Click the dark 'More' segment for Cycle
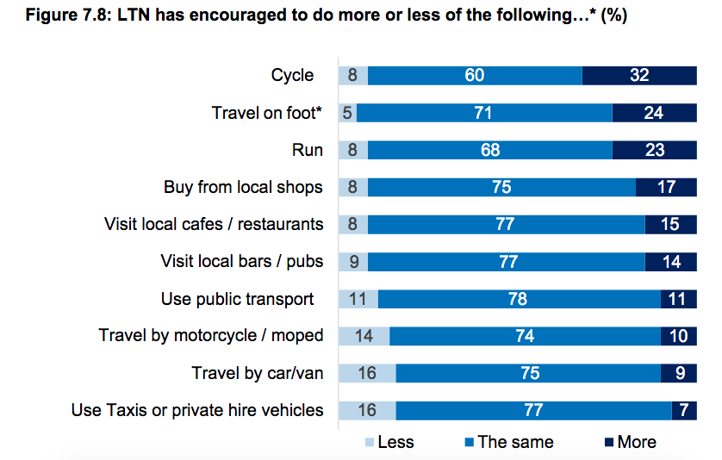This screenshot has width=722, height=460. pos(638,75)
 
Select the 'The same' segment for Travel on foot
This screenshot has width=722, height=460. pos(484,113)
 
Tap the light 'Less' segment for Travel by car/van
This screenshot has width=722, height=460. pos(367,373)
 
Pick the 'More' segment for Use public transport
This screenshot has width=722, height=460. pos(678,299)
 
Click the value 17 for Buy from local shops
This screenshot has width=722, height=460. pos(665,187)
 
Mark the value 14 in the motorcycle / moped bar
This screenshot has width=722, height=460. pos(364,336)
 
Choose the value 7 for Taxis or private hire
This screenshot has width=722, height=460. pos(683,410)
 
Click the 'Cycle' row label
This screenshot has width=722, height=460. pos(293,75)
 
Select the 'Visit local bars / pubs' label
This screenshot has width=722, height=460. pos(242,261)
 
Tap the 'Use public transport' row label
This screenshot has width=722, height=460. pos(237,299)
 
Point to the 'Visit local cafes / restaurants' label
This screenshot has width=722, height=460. pos(214,224)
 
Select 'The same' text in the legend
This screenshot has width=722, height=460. pos(515,442)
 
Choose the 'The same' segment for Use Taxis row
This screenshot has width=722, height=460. pos(533,410)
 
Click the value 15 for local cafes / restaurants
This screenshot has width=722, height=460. pos(669,224)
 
